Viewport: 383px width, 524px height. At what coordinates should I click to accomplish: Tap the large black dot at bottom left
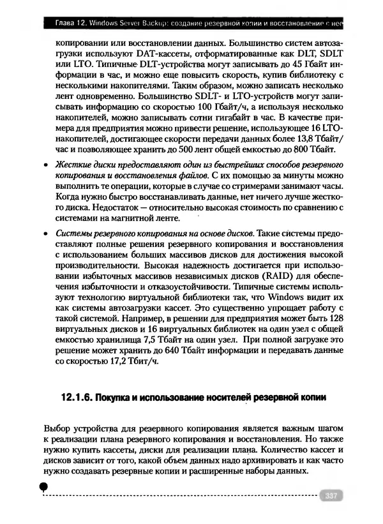pyautogui.click(x=43, y=487)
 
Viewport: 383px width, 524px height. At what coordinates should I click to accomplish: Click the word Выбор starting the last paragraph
pyautogui.click(x=57, y=427)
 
